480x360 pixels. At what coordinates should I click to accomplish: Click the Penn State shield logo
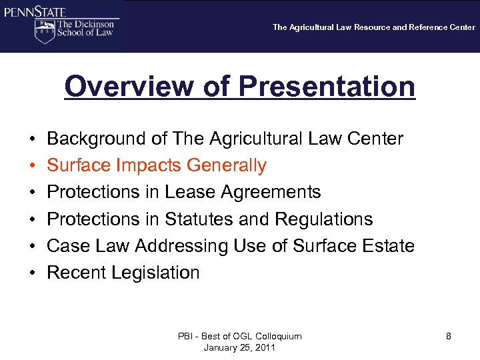click(x=44, y=31)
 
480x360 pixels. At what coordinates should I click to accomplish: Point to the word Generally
click(x=227, y=165)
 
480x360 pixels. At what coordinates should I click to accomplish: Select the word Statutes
click(x=201, y=219)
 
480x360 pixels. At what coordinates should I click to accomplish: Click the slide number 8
click(x=449, y=337)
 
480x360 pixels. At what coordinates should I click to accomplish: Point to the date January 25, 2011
click(x=240, y=348)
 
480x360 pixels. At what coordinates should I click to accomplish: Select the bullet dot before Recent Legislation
click(x=32, y=273)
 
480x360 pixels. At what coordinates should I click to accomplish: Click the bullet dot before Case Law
click(x=32, y=246)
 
